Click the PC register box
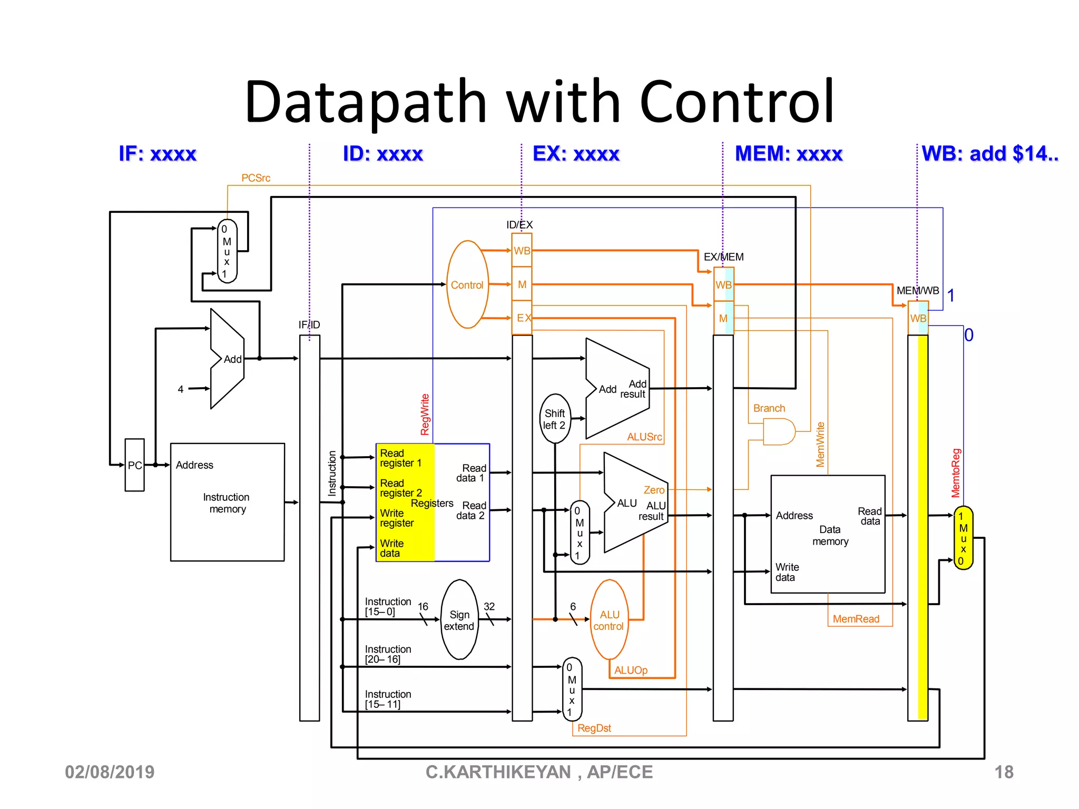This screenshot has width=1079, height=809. click(x=134, y=465)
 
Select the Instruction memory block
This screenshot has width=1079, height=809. click(x=227, y=502)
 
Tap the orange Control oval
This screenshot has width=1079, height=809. click(x=467, y=285)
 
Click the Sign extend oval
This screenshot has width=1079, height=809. click(x=459, y=620)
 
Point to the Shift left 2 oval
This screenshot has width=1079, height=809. click(x=555, y=419)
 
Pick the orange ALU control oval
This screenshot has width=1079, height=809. click(x=609, y=620)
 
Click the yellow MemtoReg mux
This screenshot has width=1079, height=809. click(x=963, y=538)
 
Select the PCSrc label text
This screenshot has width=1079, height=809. click(x=256, y=178)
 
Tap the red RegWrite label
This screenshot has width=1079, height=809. click(x=425, y=415)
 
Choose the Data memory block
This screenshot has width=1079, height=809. click(x=828, y=535)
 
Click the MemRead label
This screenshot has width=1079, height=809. click(x=856, y=619)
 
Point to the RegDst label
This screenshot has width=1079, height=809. click(x=594, y=728)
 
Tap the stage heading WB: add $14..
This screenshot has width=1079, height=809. click(x=989, y=154)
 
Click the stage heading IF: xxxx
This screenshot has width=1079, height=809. click(x=158, y=154)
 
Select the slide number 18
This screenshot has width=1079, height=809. click(x=1003, y=772)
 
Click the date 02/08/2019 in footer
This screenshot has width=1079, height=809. click(x=110, y=772)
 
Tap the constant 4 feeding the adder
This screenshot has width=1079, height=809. click(x=181, y=389)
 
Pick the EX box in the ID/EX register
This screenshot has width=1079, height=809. click(x=522, y=318)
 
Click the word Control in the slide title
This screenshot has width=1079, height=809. click(x=737, y=101)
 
